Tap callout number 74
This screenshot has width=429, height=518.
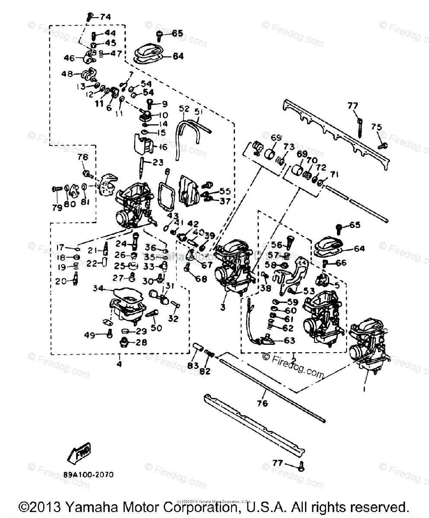[105, 17]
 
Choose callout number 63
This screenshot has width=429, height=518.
[289, 341]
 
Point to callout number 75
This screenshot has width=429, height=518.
[376, 126]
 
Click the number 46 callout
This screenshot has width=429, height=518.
[69, 58]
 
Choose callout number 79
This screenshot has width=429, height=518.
[57, 208]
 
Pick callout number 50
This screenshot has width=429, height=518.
[156, 328]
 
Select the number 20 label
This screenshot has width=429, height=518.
[60, 281]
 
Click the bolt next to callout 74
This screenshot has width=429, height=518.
[90, 17]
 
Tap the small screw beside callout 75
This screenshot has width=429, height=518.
[381, 146]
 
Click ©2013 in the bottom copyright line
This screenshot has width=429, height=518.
[41, 506]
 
